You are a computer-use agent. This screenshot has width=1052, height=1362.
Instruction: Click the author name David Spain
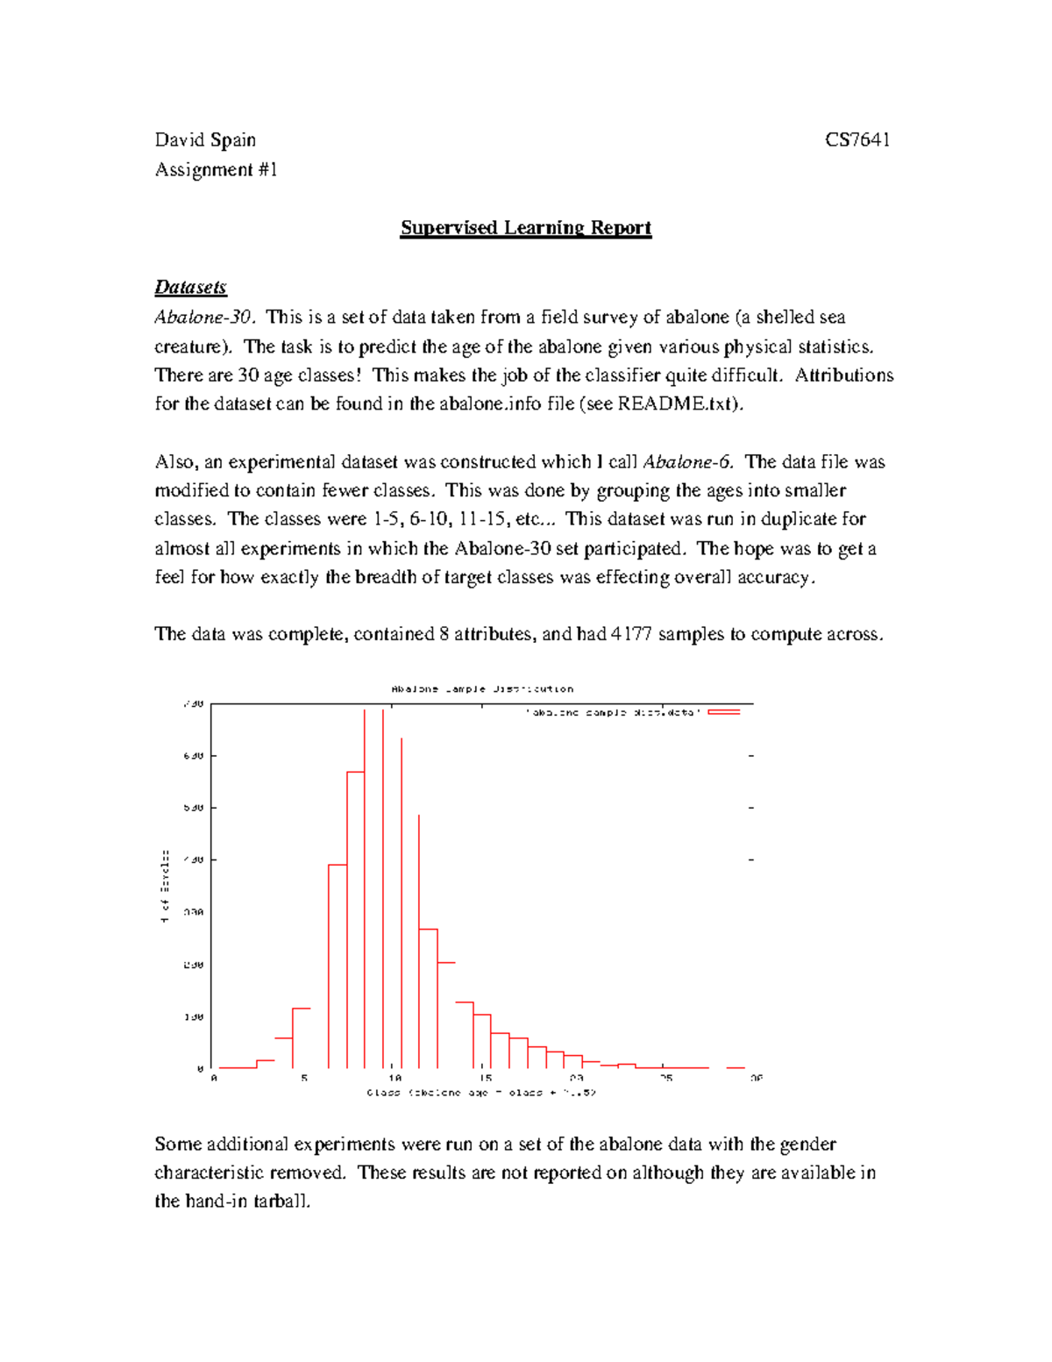pos(205,140)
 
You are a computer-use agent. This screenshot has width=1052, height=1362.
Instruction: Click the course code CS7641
pos(857,140)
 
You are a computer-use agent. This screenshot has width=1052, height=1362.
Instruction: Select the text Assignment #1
pos(216,169)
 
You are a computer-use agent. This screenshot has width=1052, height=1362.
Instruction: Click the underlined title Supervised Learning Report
pos(525,228)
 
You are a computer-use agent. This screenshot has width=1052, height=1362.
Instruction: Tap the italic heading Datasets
pos(190,287)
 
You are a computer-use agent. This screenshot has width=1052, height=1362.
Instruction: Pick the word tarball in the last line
pos(281,1202)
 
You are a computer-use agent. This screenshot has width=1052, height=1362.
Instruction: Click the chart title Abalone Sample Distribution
pos(482,689)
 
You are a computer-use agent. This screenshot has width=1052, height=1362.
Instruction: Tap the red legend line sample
pos(724,712)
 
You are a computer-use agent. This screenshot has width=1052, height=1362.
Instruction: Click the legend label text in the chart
pos(613,713)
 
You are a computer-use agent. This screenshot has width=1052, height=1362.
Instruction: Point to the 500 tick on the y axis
pos(194,808)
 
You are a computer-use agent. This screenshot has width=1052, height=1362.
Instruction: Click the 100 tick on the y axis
pos(194,1017)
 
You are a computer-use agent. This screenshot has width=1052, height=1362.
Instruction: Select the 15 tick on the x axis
pos(486,1078)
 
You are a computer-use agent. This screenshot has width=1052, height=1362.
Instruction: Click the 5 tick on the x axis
pos(304,1078)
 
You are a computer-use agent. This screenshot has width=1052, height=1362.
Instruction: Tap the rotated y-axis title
pos(165,886)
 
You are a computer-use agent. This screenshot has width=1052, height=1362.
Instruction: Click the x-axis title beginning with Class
pos(481,1093)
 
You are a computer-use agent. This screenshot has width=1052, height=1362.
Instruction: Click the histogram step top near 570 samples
pos(356,772)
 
